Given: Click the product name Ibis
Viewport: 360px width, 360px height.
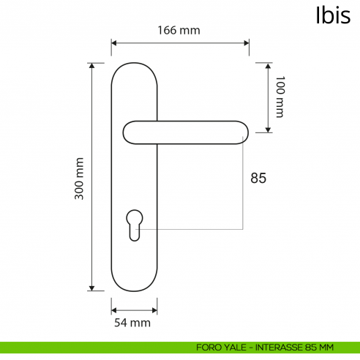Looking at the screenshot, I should [333, 16].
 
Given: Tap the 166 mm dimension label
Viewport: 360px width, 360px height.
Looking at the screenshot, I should [179, 30].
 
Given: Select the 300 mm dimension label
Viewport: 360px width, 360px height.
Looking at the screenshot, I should [80, 179].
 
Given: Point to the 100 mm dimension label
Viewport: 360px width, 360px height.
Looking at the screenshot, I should [279, 97].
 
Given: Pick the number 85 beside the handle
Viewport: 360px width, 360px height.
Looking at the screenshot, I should [258, 178].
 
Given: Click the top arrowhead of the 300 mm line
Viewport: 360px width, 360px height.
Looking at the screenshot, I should [92, 66].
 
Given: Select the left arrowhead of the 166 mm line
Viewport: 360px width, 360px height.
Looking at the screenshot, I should [114, 42].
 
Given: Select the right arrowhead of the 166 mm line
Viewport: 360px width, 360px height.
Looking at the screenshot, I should [247, 42].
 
